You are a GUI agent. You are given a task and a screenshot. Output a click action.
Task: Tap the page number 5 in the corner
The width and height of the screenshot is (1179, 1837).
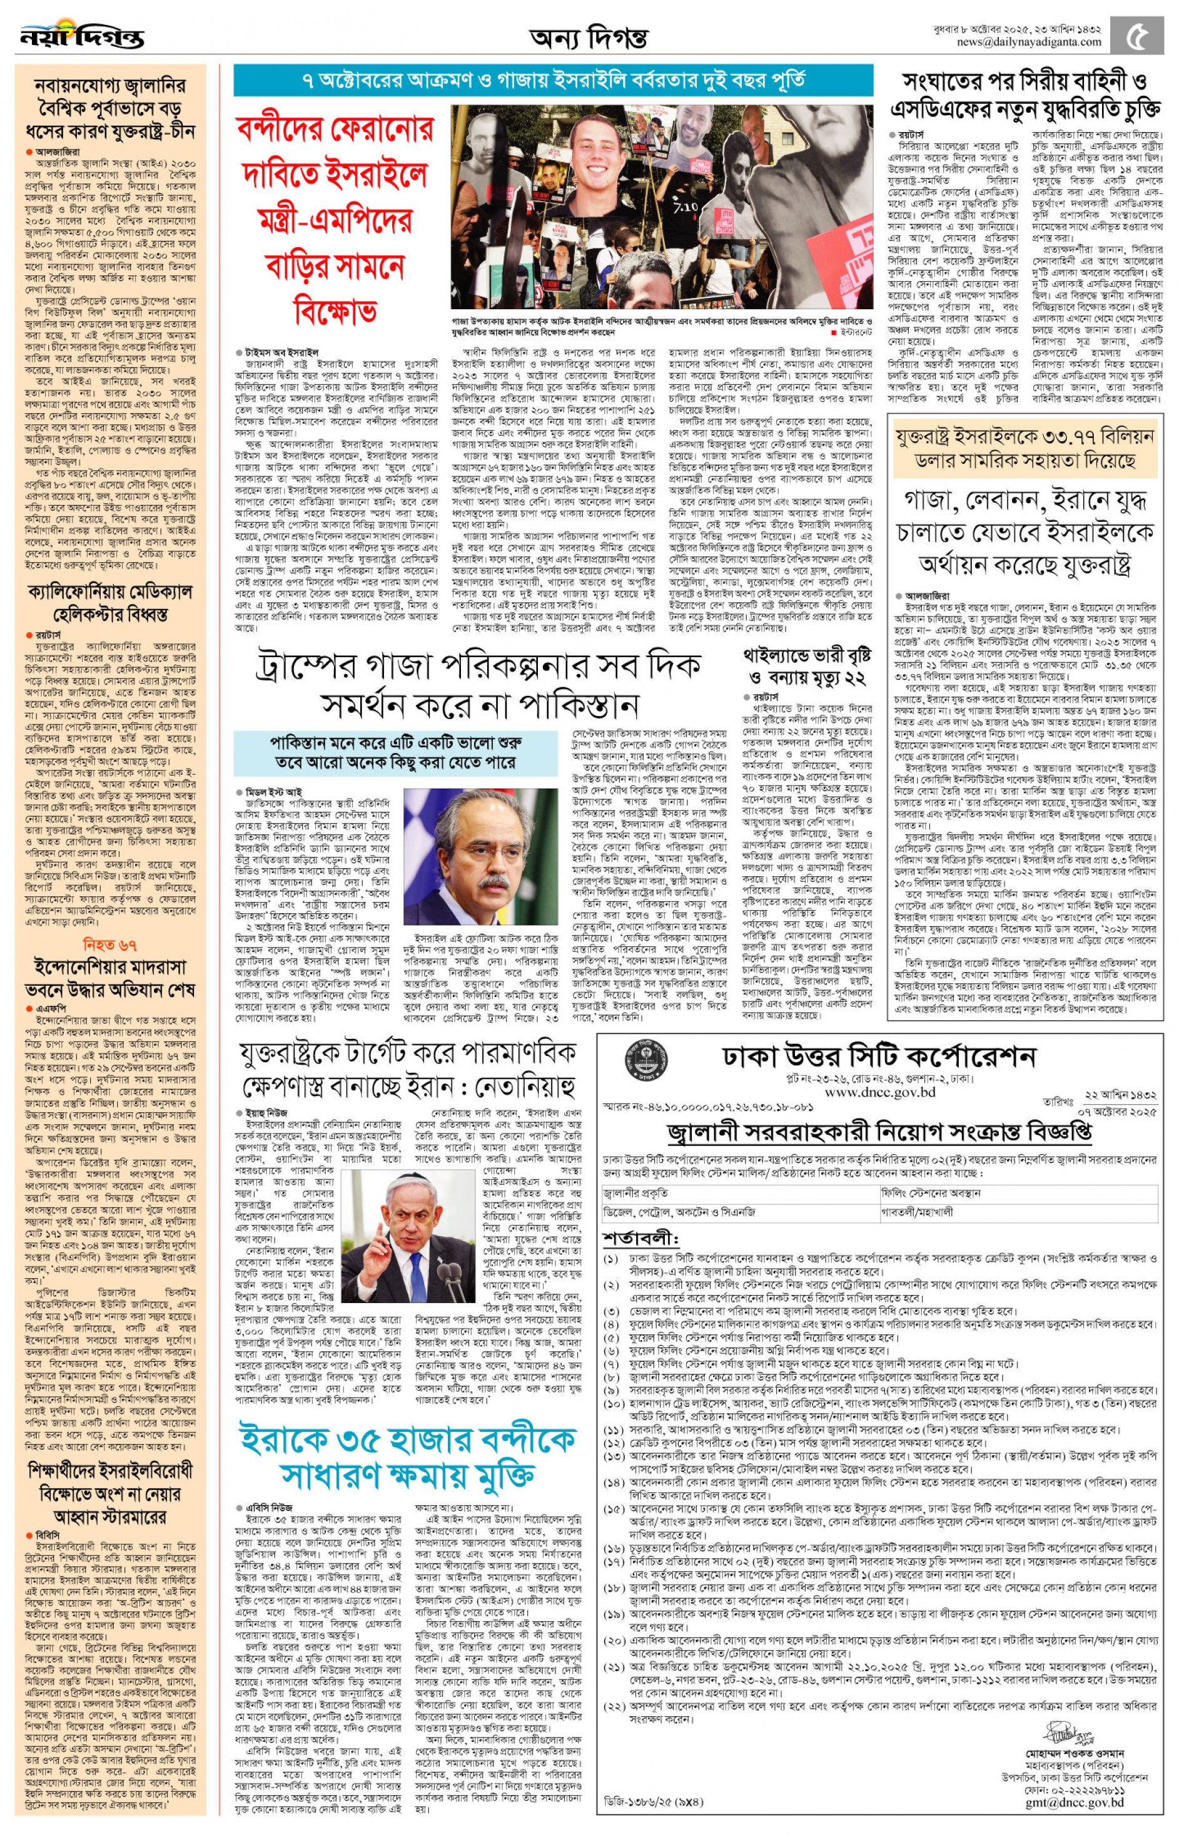[x=1140, y=35]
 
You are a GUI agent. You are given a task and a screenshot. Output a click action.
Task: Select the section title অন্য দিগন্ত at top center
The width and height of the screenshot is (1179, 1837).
[x=589, y=37]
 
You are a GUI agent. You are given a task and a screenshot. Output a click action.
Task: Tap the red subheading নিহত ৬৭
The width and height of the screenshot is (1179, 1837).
[x=110, y=944]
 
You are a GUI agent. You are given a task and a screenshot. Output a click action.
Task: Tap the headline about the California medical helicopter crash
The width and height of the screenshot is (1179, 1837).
[x=110, y=603]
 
